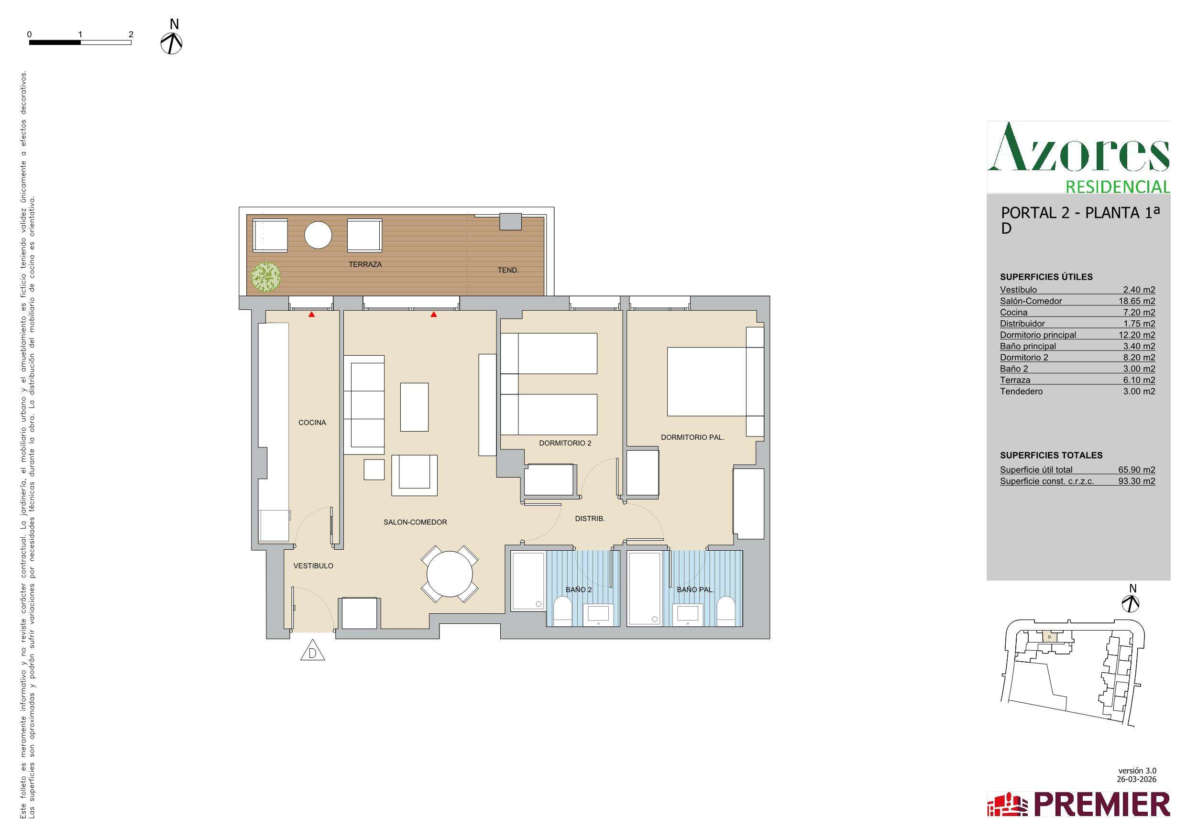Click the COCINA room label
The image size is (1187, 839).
[x=312, y=422]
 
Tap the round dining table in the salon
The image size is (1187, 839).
[x=450, y=574]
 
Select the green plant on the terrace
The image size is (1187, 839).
[x=266, y=277]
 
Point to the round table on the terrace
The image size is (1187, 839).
[x=318, y=235]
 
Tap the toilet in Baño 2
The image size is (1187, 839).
[x=561, y=611]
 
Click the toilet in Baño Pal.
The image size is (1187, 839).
[x=726, y=611]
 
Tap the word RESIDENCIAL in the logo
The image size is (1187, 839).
[x=1118, y=186]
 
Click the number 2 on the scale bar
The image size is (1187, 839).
[x=132, y=34]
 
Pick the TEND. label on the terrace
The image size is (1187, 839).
[x=508, y=270]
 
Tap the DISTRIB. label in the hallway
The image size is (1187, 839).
[x=590, y=519]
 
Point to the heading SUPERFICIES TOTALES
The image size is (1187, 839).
[x=1051, y=456]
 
